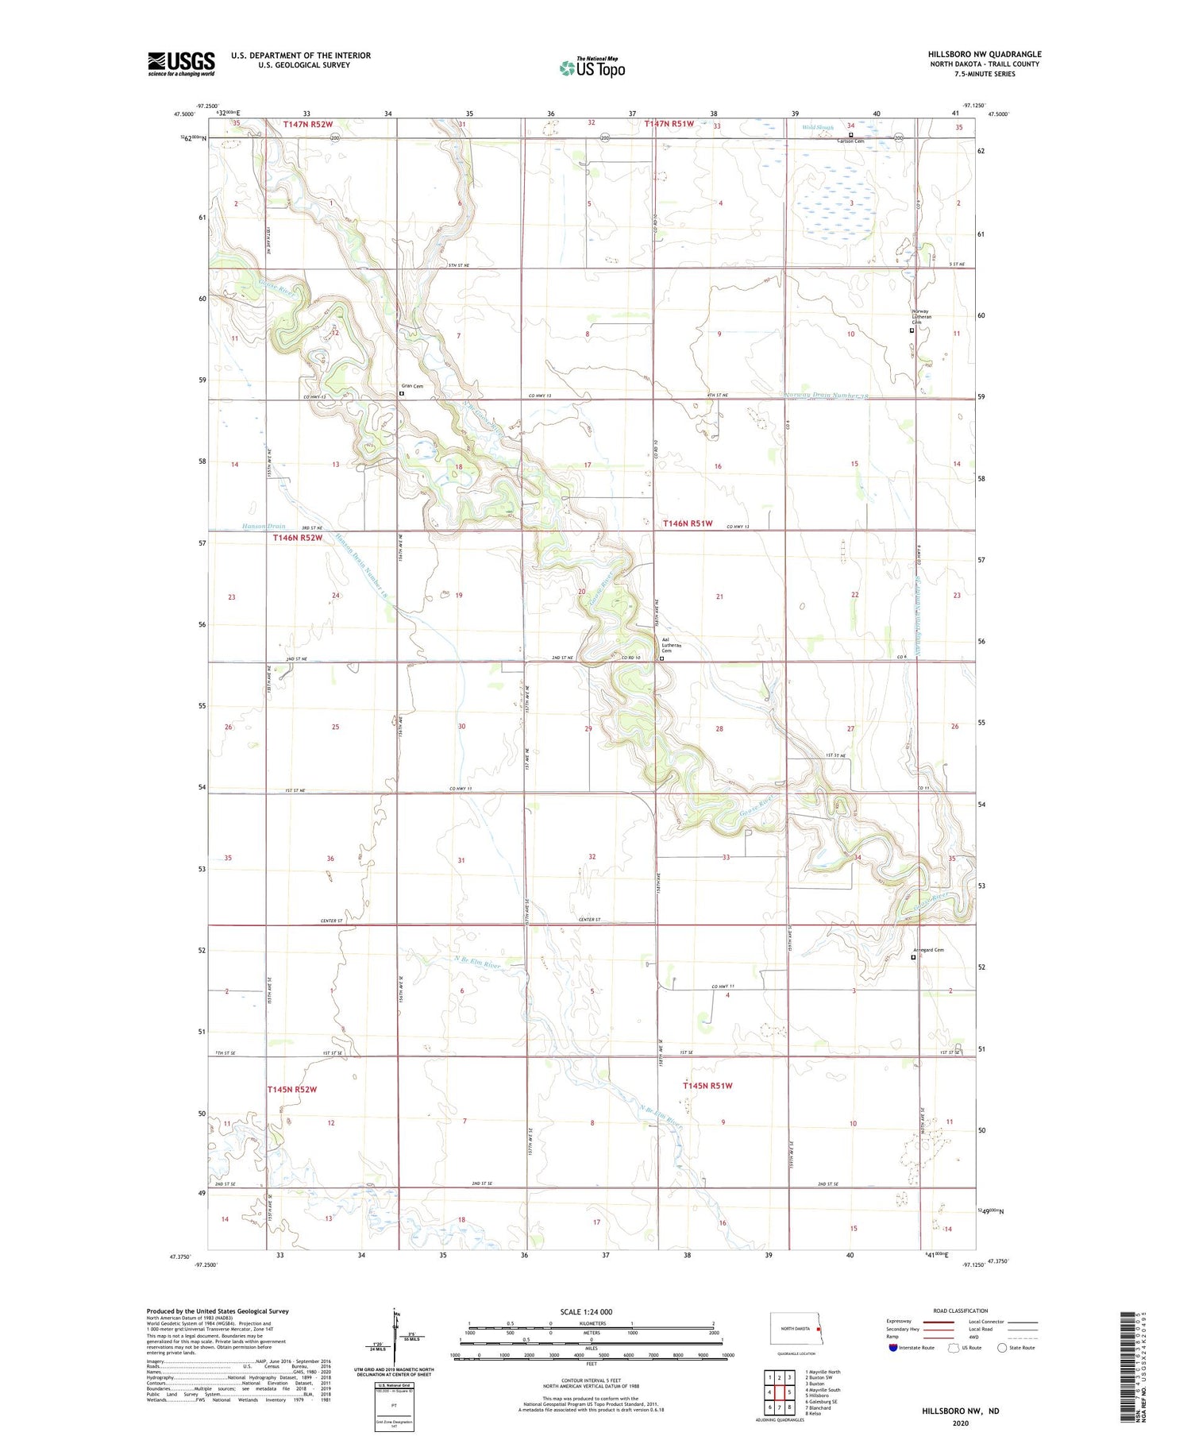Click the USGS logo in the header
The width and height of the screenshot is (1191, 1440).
click(181, 64)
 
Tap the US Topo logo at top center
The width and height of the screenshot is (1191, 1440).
click(592, 68)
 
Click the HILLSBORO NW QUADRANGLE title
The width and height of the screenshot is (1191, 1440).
click(985, 54)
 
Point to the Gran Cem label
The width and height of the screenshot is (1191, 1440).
click(412, 387)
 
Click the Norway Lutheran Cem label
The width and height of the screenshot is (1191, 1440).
click(920, 316)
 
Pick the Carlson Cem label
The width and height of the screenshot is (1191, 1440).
click(850, 141)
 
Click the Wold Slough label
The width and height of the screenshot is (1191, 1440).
click(818, 126)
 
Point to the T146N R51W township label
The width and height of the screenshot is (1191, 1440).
click(688, 523)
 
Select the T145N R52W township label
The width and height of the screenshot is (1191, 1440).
click(292, 1089)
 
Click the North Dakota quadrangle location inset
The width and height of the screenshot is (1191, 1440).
click(795, 1329)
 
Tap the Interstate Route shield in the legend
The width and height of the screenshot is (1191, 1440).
click(893, 1347)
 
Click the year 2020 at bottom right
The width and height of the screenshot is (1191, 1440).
click(961, 1423)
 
